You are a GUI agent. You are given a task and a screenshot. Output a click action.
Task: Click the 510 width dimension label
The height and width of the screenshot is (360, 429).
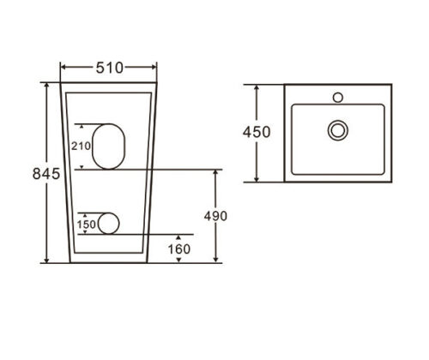tap(110, 68)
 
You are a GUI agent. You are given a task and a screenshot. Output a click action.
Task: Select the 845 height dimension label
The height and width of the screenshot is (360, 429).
tap(46, 173)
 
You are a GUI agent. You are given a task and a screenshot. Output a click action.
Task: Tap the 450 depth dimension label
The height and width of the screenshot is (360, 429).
tap(257, 132)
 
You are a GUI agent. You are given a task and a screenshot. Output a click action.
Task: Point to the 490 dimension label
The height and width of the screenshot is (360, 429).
tap(215, 216)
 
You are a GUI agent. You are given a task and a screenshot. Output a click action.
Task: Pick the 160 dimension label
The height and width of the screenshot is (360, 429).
tap(179, 249)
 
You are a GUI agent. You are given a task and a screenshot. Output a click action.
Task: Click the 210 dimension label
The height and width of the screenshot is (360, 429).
tap(81, 146)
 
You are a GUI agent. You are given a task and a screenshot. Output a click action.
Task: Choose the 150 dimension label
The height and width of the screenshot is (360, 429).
tap(86, 225)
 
